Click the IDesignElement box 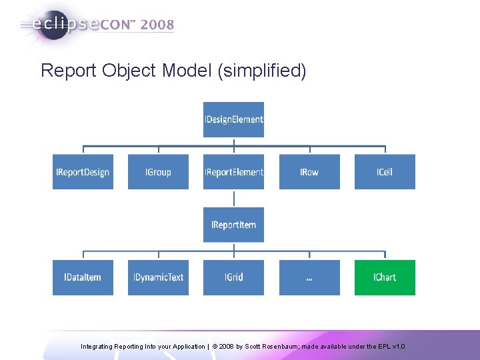(233, 119)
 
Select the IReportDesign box (83, 172)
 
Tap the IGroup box (158, 172)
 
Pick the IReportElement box (233, 172)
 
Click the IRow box (309, 172)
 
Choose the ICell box (384, 172)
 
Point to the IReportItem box (233, 225)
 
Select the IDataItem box (83, 277)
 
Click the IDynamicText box (158, 277)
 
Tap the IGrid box (233, 277)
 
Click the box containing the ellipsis (309, 277)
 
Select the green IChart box (384, 277)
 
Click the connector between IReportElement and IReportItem (233, 198)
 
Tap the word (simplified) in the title (262, 71)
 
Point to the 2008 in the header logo (157, 25)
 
